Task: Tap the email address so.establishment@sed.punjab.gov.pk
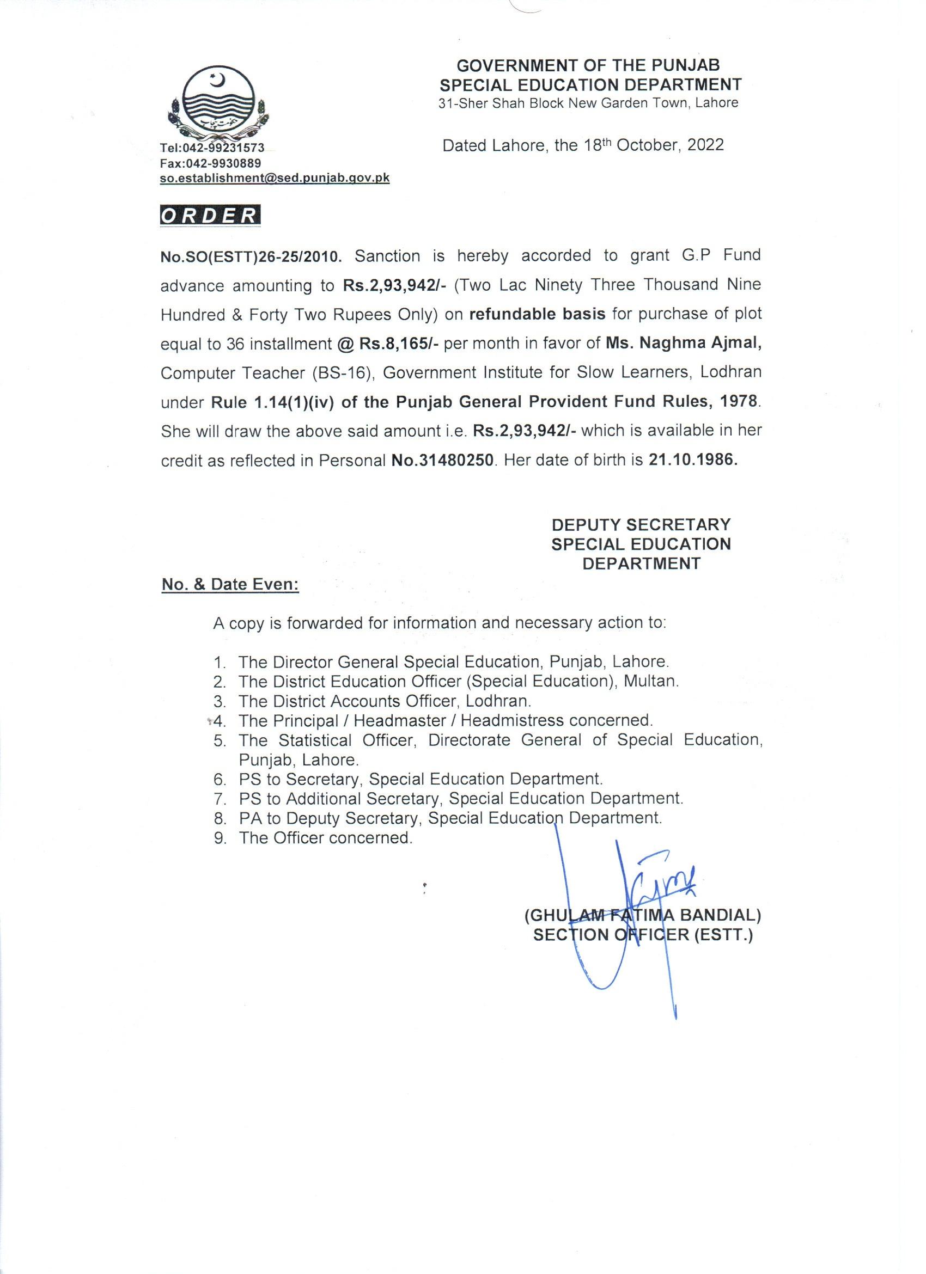click(x=275, y=178)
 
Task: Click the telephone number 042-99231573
click(x=229, y=148)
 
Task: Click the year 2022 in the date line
click(x=705, y=145)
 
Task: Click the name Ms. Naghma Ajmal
click(x=683, y=344)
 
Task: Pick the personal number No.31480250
click(x=443, y=461)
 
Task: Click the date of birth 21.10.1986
click(x=692, y=461)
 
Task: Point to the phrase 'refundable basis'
click(x=537, y=314)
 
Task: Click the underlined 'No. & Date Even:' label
click(x=230, y=585)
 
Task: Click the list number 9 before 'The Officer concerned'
click(x=220, y=838)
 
